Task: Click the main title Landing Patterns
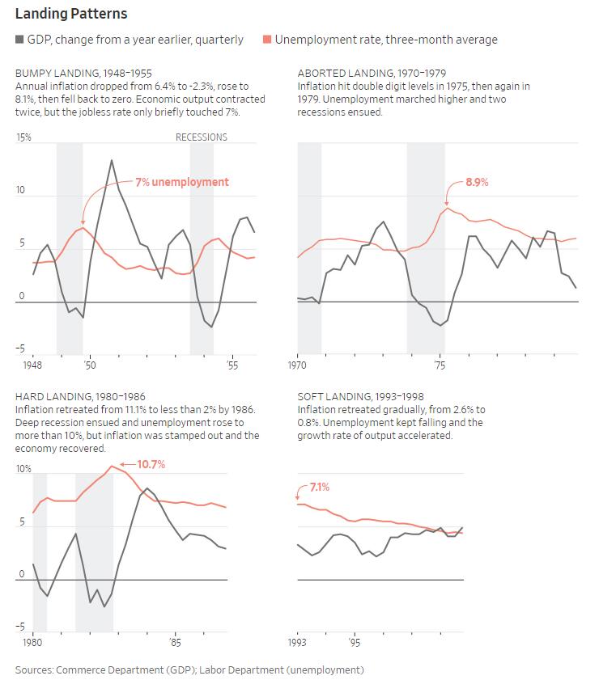pyautogui.click(x=71, y=15)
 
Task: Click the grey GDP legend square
pyautogui.click(x=19, y=40)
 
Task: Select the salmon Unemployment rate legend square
pyautogui.click(x=268, y=40)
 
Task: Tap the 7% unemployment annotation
pyautogui.click(x=181, y=182)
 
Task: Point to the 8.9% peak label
pyautogui.click(x=477, y=182)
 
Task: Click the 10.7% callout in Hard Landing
pyautogui.click(x=151, y=464)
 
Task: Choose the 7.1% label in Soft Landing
pyautogui.click(x=319, y=488)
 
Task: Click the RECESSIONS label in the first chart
pyautogui.click(x=202, y=137)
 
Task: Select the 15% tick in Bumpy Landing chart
pyautogui.click(x=23, y=137)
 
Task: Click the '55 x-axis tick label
pyautogui.click(x=232, y=365)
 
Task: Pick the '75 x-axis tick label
pyautogui.click(x=440, y=365)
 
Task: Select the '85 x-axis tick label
pyautogui.click(x=175, y=643)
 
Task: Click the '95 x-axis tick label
pyautogui.click(x=354, y=643)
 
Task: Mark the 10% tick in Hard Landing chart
pyautogui.click(x=23, y=470)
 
